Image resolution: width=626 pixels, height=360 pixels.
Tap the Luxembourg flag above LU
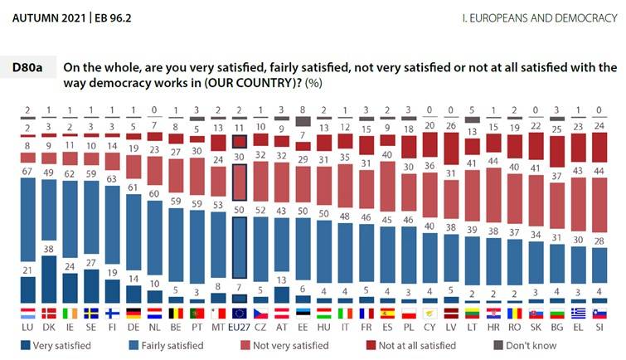(x=27, y=314)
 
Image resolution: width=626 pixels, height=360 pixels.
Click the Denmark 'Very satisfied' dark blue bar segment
(x=49, y=278)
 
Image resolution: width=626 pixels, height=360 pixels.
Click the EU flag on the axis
(x=240, y=314)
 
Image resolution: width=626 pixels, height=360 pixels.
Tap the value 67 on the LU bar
(x=27, y=171)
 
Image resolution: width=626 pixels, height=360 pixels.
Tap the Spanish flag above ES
(x=387, y=314)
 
